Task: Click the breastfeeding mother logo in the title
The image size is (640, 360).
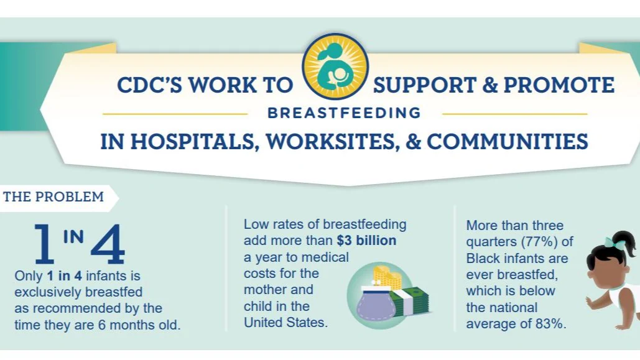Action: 335,67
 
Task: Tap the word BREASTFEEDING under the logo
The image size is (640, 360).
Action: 344,114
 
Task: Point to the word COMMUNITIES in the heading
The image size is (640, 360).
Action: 507,142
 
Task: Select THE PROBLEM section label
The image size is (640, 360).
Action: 53,197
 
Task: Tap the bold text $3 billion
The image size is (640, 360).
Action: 366,241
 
